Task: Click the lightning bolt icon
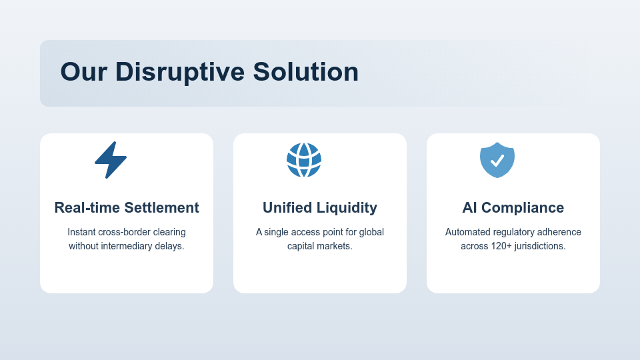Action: coord(111,160)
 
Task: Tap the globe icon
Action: coord(304,160)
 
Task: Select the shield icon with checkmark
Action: coord(497,160)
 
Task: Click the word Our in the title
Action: coord(83,72)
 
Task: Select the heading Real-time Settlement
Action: coord(127,208)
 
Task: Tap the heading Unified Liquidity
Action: coord(320,208)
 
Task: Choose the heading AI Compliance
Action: coord(513,208)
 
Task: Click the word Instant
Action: coord(81,232)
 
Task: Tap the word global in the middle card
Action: coord(371,232)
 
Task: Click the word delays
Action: coord(169,246)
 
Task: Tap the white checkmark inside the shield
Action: coord(497,161)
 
